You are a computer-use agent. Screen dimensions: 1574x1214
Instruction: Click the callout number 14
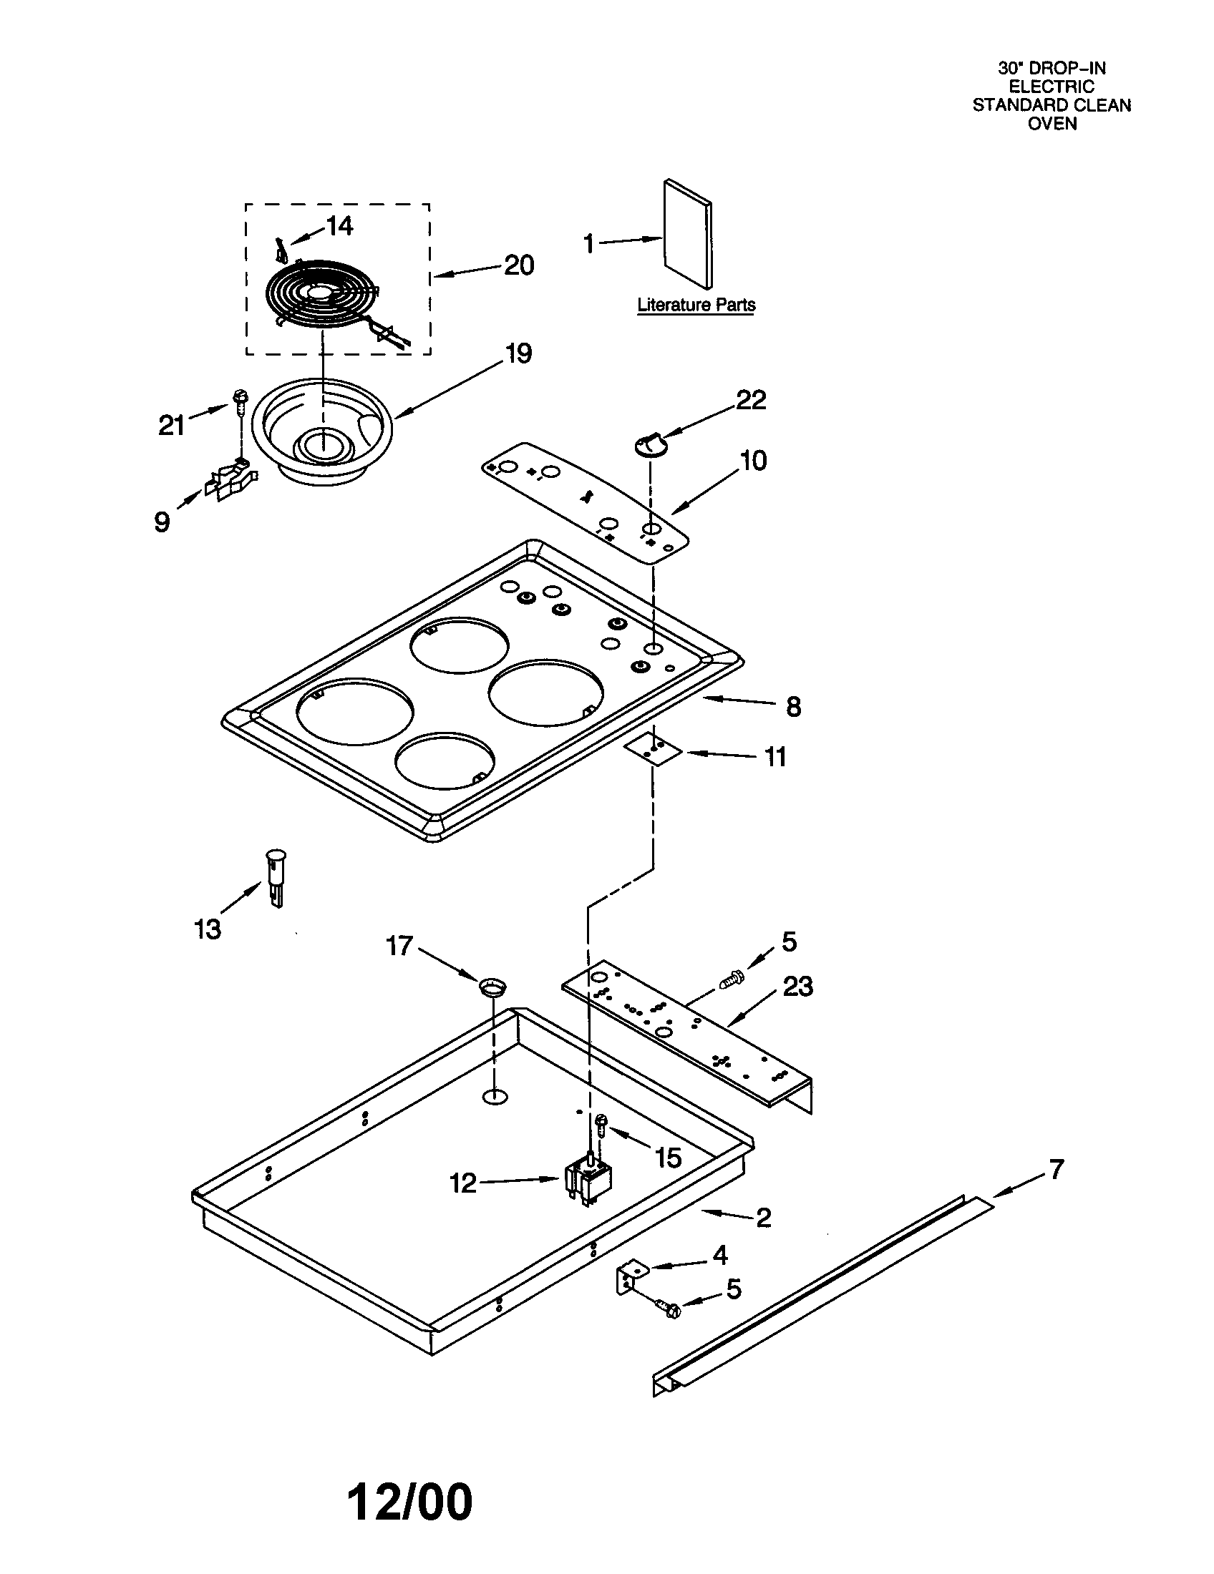(x=339, y=226)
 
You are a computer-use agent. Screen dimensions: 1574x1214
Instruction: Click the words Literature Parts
(x=696, y=305)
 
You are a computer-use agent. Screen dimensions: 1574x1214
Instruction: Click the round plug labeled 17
(x=492, y=987)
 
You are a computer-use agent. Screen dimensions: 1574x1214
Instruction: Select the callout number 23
(x=797, y=986)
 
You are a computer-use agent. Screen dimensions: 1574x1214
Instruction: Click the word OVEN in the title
(x=1052, y=123)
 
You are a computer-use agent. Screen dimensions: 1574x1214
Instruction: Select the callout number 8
(x=793, y=707)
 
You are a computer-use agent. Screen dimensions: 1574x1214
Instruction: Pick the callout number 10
(x=753, y=461)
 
